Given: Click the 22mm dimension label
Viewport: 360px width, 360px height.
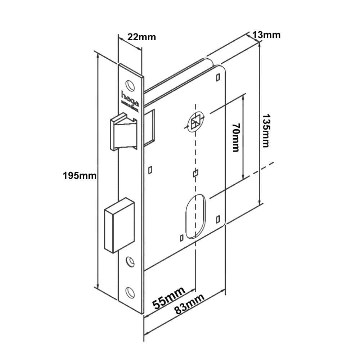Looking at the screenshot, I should point(142,37).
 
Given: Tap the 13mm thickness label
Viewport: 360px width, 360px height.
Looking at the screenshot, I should point(266,35).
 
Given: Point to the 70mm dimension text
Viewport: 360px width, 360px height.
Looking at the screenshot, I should point(236,137).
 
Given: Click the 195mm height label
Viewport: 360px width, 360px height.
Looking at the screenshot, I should point(80,176).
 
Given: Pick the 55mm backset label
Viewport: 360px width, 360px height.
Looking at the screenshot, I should point(169,298).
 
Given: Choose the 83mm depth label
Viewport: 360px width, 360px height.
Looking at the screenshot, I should point(189,304).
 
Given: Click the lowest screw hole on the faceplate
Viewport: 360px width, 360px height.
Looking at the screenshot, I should point(130,292).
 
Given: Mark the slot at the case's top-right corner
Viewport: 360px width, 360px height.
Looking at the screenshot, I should point(218,77).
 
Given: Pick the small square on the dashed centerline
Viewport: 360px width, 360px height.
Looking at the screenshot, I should point(195,174).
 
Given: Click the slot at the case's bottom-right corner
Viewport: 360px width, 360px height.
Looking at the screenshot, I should point(217,219).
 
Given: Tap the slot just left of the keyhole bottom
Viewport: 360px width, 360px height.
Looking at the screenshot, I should point(181,237).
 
